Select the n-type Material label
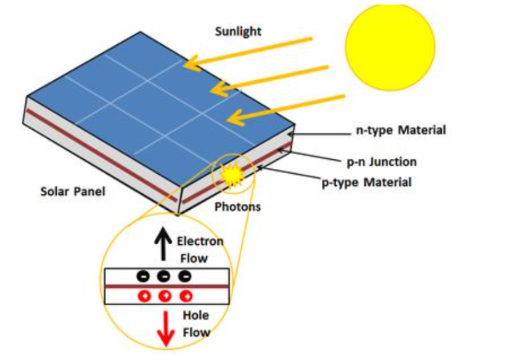pyautogui.click(x=399, y=131)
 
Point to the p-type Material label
pyautogui.click(x=367, y=183)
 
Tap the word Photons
pyautogui.click(x=237, y=206)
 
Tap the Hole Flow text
pyautogui.click(x=196, y=323)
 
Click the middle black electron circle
pyautogui.click(x=163, y=276)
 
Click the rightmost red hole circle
pyautogui.click(x=185, y=296)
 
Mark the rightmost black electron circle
pyautogui.click(x=185, y=276)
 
